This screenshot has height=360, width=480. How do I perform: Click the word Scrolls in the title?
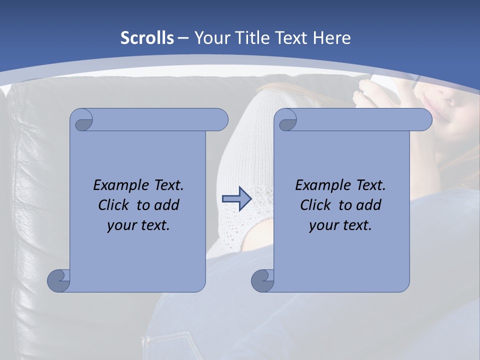point(147,38)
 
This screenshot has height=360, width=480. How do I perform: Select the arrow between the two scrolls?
point(236,198)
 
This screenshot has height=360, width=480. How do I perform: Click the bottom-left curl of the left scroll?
point(59,280)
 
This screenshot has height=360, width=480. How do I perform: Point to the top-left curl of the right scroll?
point(286,120)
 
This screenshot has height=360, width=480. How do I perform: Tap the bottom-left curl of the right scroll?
point(262,280)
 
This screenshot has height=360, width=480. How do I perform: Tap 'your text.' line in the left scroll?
point(138,225)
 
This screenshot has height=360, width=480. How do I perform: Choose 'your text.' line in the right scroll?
point(340,225)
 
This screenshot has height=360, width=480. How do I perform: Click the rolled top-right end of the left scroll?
point(219,120)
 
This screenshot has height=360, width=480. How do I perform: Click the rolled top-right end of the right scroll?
point(423,120)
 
